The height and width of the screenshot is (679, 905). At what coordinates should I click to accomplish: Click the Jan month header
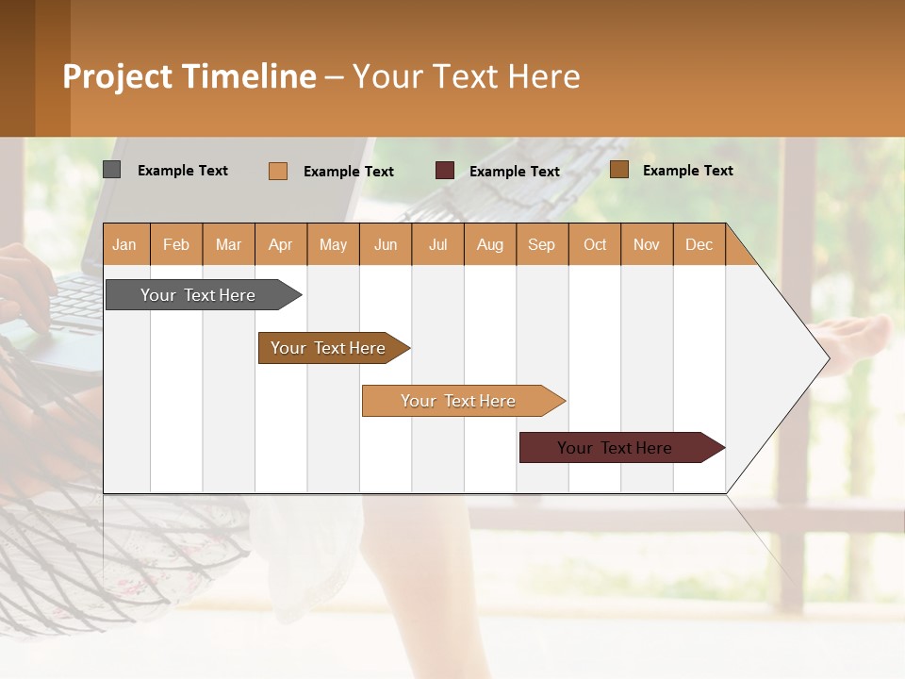coord(124,245)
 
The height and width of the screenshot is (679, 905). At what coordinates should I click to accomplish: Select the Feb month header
coord(176,245)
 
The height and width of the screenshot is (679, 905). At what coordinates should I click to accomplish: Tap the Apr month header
coord(280,245)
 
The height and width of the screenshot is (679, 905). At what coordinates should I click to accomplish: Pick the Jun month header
coord(386,245)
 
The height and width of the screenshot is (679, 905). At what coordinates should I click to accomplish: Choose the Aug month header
coord(489,245)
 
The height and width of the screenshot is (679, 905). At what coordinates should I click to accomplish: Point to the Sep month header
coord(541,245)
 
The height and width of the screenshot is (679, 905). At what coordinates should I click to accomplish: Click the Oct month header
coord(595,245)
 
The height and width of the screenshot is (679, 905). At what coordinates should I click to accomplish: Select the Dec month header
coord(699,245)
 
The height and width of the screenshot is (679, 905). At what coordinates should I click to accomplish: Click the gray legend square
coord(111,170)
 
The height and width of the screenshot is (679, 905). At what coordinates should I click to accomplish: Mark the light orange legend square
coord(277,171)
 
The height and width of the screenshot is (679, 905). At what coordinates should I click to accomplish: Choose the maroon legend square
coord(444,171)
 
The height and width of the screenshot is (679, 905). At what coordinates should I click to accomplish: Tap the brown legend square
coord(618,170)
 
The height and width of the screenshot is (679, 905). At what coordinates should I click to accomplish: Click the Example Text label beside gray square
coord(183,171)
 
